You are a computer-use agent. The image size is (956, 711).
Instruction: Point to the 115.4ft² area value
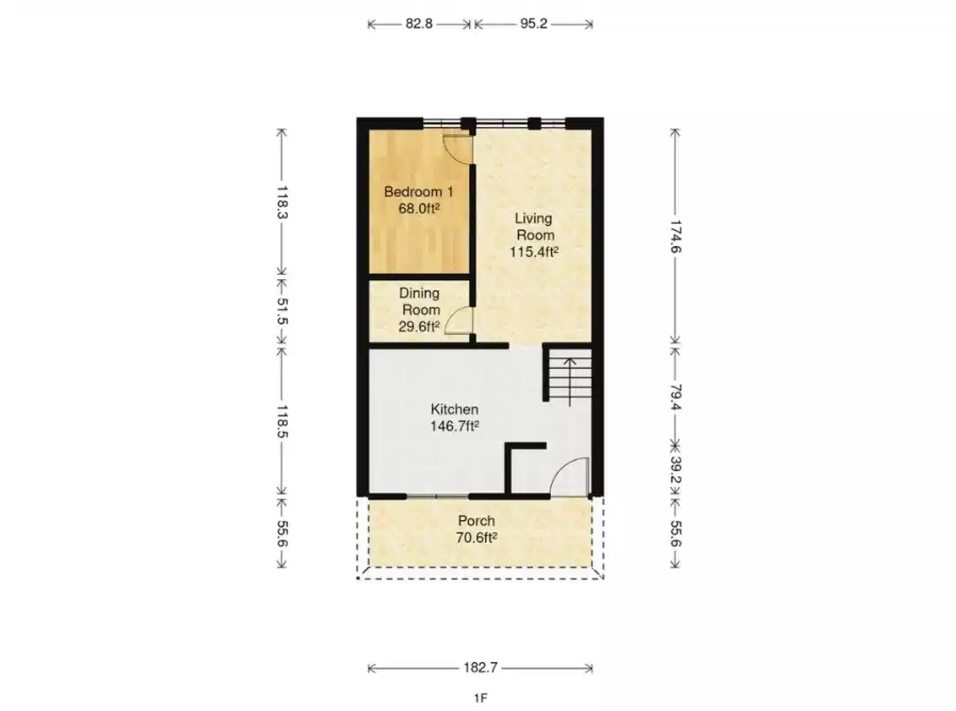tap(533, 252)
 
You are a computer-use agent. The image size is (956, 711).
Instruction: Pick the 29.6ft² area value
tap(419, 326)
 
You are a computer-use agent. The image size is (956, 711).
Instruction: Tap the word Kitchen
tap(455, 410)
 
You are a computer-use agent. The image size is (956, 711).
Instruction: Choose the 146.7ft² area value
tap(455, 427)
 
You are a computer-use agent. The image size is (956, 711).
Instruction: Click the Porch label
tap(476, 521)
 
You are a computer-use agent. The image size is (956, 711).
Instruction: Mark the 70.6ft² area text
tap(476, 538)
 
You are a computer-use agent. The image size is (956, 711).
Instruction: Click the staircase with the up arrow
tap(569, 377)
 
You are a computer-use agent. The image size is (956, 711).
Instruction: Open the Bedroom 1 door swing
tap(457, 148)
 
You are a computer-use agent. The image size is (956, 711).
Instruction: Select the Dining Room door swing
tap(458, 320)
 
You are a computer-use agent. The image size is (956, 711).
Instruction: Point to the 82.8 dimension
tap(419, 24)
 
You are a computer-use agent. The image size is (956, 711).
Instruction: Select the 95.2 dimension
tap(533, 24)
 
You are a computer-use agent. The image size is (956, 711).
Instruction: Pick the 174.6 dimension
tap(676, 236)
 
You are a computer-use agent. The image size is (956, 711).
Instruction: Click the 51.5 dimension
tap(283, 311)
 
